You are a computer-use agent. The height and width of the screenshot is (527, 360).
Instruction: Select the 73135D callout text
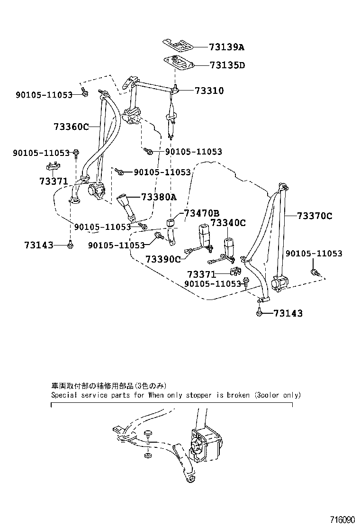tap(227, 65)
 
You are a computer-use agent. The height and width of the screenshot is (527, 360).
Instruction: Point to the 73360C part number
tap(71, 127)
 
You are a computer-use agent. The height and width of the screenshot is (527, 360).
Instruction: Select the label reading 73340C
tap(228, 223)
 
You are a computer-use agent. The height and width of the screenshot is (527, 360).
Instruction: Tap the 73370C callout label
tap(315, 216)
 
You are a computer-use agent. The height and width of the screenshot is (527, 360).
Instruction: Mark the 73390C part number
tap(163, 259)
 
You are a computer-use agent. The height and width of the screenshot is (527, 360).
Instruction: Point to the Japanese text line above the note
tap(108, 386)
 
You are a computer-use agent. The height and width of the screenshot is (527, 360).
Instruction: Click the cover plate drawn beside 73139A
tap(178, 45)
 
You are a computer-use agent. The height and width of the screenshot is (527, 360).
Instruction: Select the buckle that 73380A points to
tap(124, 203)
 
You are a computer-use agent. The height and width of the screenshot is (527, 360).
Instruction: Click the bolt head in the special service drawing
tap(148, 433)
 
